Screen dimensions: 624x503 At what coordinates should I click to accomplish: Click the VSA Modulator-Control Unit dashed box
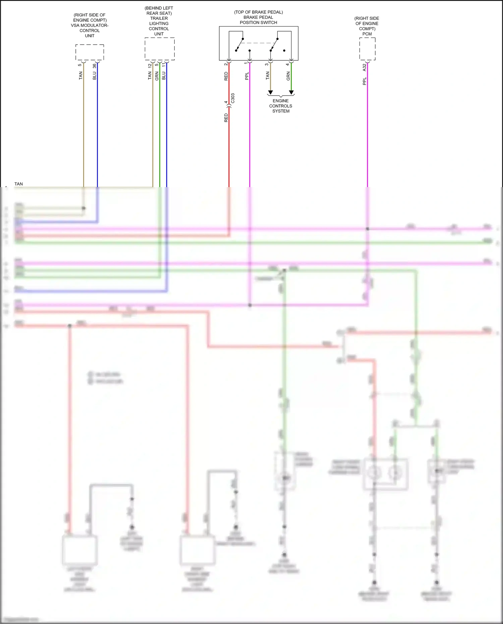90,52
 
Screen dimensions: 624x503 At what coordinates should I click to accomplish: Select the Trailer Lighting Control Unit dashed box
159,49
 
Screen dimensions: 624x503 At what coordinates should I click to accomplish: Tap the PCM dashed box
367,49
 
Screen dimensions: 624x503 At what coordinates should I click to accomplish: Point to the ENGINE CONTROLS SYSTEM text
281,106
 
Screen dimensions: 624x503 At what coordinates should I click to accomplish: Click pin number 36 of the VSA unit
95,66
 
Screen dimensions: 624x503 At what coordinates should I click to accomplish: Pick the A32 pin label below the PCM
365,67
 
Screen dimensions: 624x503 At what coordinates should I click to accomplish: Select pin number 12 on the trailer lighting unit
150,66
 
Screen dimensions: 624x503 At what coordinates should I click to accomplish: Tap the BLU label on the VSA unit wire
95,76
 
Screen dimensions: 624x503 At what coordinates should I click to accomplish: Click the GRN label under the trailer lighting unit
157,76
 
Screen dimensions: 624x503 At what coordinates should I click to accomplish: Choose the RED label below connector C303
226,118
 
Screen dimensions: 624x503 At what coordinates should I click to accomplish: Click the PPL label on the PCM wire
365,81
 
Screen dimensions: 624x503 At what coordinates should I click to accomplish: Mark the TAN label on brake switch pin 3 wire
268,76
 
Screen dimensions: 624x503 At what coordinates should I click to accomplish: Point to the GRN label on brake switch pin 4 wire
288,76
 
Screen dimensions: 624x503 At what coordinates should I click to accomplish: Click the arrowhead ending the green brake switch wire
291,92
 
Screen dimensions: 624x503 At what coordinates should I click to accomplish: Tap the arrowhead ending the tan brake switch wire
271,92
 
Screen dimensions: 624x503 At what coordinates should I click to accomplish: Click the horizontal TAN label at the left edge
19,184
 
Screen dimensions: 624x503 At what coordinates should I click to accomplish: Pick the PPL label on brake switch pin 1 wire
247,76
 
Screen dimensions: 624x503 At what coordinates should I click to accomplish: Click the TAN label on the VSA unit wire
80,76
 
